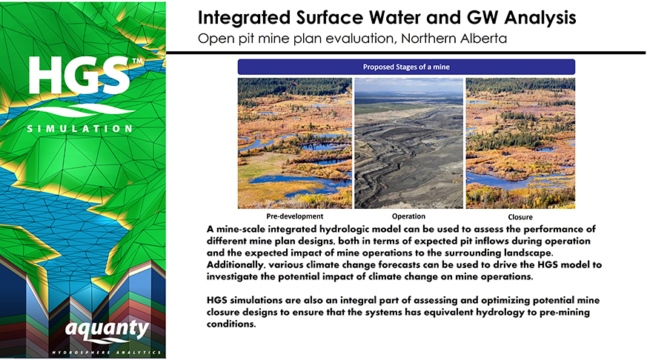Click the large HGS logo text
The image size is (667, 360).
pyautogui.click(x=79, y=76)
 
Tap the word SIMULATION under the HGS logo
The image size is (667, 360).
pyautogui.click(x=79, y=128)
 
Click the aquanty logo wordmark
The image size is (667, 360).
pyautogui.click(x=107, y=330)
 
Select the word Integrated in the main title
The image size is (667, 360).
pyautogui.click(x=244, y=18)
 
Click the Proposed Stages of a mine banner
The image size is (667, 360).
pyautogui.click(x=406, y=67)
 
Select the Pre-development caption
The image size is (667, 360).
pyautogui.click(x=295, y=216)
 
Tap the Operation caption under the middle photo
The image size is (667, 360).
pyautogui.click(x=408, y=216)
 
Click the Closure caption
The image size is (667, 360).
pyautogui.click(x=520, y=217)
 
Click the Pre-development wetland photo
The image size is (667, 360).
pyautogui.click(x=295, y=143)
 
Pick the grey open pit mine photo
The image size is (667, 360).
pyautogui.click(x=409, y=143)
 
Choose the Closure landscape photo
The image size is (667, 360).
pyautogui.click(x=520, y=143)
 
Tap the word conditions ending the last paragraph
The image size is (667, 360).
pyautogui.click(x=231, y=324)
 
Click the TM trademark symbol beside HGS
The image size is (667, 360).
pyautogui.click(x=137, y=61)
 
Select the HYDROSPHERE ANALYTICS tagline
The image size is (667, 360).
pyautogui.click(x=107, y=353)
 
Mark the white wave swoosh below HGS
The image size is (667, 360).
pyautogui.click(x=82, y=111)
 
